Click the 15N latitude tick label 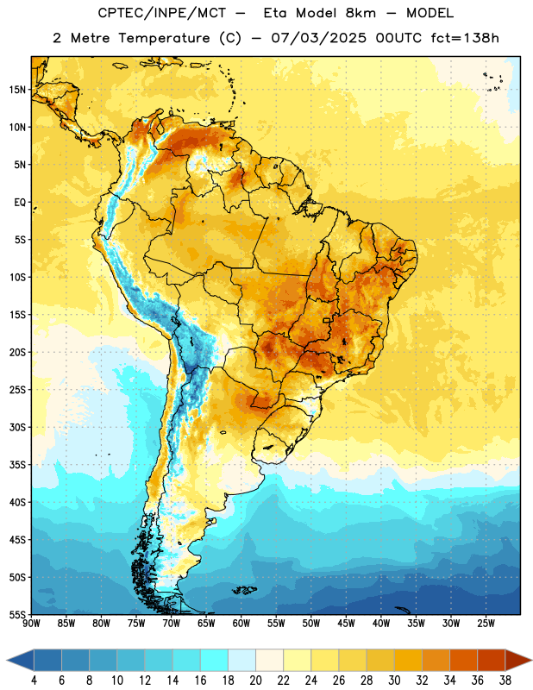point(16,90)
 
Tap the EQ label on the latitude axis point(20,203)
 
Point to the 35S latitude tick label point(17,465)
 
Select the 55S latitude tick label point(17,614)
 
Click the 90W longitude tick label point(31,624)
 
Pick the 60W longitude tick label point(241,624)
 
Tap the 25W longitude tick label point(486,624)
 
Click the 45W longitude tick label point(346,624)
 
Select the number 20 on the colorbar point(255,681)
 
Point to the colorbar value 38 point(505,681)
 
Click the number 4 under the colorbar point(34,681)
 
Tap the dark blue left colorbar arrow point(21,661)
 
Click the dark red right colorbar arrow point(518,661)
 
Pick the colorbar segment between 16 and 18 point(214,661)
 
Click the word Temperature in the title point(164,38)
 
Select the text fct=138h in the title point(465,38)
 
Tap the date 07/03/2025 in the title point(318,38)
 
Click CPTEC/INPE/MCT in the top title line point(161,13)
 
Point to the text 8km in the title point(361,13)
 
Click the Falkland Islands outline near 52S point(245,590)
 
